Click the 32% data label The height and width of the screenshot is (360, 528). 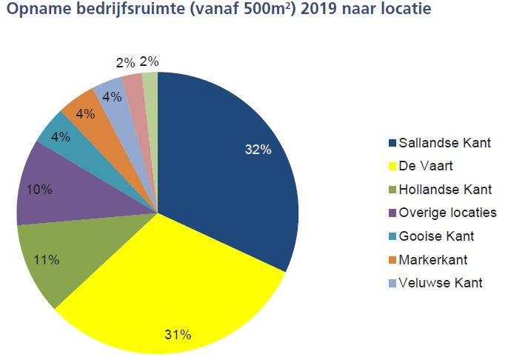coord(258,150)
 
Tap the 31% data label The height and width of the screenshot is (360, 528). coord(178,335)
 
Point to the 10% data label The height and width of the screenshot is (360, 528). coord(39,190)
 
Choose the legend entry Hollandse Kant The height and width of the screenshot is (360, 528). coord(444,190)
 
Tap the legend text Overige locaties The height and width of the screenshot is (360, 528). coord(447,213)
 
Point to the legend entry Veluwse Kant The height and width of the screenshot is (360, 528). coord(440,283)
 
